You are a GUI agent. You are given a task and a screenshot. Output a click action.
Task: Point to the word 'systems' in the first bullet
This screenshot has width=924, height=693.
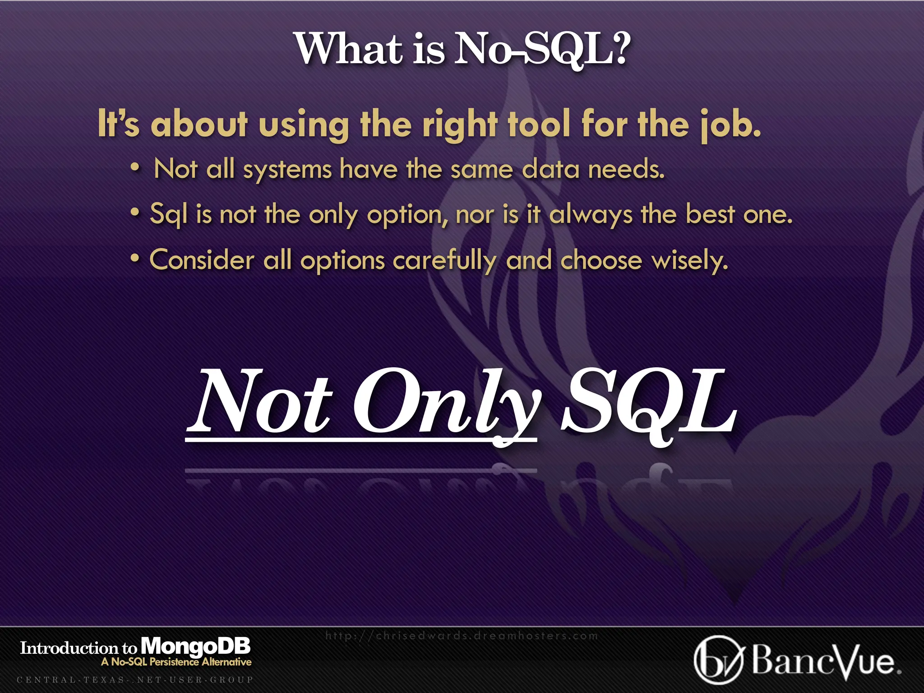(287, 171)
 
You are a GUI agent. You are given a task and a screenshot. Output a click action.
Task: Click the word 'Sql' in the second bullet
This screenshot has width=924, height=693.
(168, 214)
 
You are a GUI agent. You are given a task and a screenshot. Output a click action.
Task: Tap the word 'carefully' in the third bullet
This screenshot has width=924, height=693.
(444, 261)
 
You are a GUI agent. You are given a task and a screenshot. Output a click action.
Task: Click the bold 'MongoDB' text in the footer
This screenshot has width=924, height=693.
(195, 647)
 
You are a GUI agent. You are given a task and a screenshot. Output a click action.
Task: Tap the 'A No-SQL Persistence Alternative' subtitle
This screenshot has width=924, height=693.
(176, 662)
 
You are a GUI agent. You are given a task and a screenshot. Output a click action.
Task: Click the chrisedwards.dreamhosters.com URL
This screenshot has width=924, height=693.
(461, 636)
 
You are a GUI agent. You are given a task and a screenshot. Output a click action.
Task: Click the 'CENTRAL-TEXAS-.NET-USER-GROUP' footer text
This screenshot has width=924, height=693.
(135, 679)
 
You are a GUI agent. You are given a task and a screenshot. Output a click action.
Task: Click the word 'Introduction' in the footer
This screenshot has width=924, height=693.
(69, 648)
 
